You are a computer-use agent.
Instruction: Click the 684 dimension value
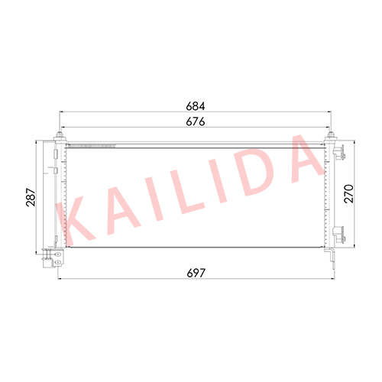click(x=196, y=106)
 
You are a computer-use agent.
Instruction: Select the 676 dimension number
click(x=196, y=121)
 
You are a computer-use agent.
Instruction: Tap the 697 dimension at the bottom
click(x=196, y=273)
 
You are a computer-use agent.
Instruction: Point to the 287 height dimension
click(x=31, y=197)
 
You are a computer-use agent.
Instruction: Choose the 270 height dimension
click(x=349, y=194)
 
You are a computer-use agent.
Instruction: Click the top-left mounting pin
click(x=60, y=135)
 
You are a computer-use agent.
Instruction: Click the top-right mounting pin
click(x=331, y=135)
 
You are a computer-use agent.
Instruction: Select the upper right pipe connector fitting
click(x=339, y=152)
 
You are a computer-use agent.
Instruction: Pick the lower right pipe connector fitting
click(x=339, y=235)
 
